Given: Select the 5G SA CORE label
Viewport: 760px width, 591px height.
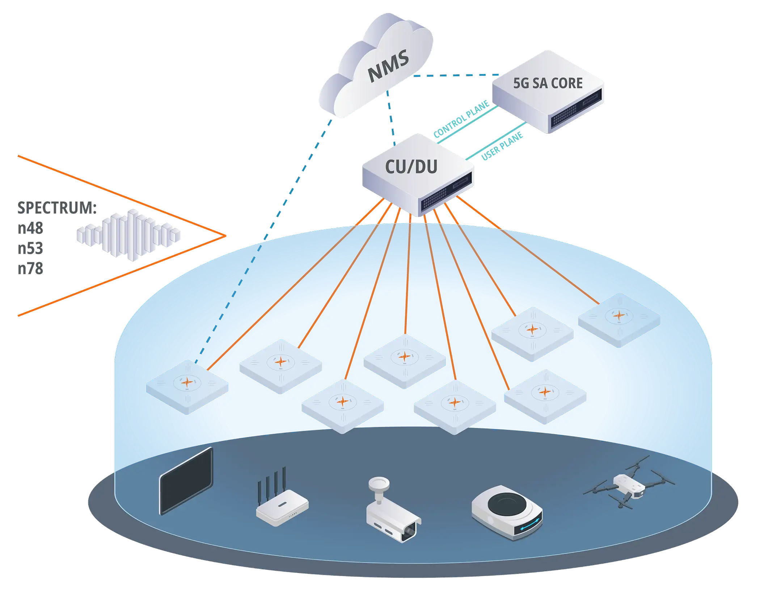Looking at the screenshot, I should pyautogui.click(x=548, y=83).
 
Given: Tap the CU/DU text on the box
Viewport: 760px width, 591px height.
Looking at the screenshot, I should pyautogui.click(x=411, y=167).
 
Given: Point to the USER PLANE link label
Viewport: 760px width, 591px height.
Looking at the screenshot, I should pyautogui.click(x=503, y=147).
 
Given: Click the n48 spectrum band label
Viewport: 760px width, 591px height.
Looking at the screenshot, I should pyautogui.click(x=30, y=228).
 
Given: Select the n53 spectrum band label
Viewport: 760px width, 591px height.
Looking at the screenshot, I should pyautogui.click(x=30, y=248).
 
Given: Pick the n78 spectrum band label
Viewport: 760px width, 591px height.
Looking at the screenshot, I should pyautogui.click(x=30, y=269).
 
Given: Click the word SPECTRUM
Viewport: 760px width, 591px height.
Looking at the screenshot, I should pyautogui.click(x=57, y=208).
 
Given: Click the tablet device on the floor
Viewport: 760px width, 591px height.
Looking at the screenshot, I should pyautogui.click(x=186, y=481).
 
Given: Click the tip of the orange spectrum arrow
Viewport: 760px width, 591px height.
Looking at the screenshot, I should pyautogui.click(x=226, y=236).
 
